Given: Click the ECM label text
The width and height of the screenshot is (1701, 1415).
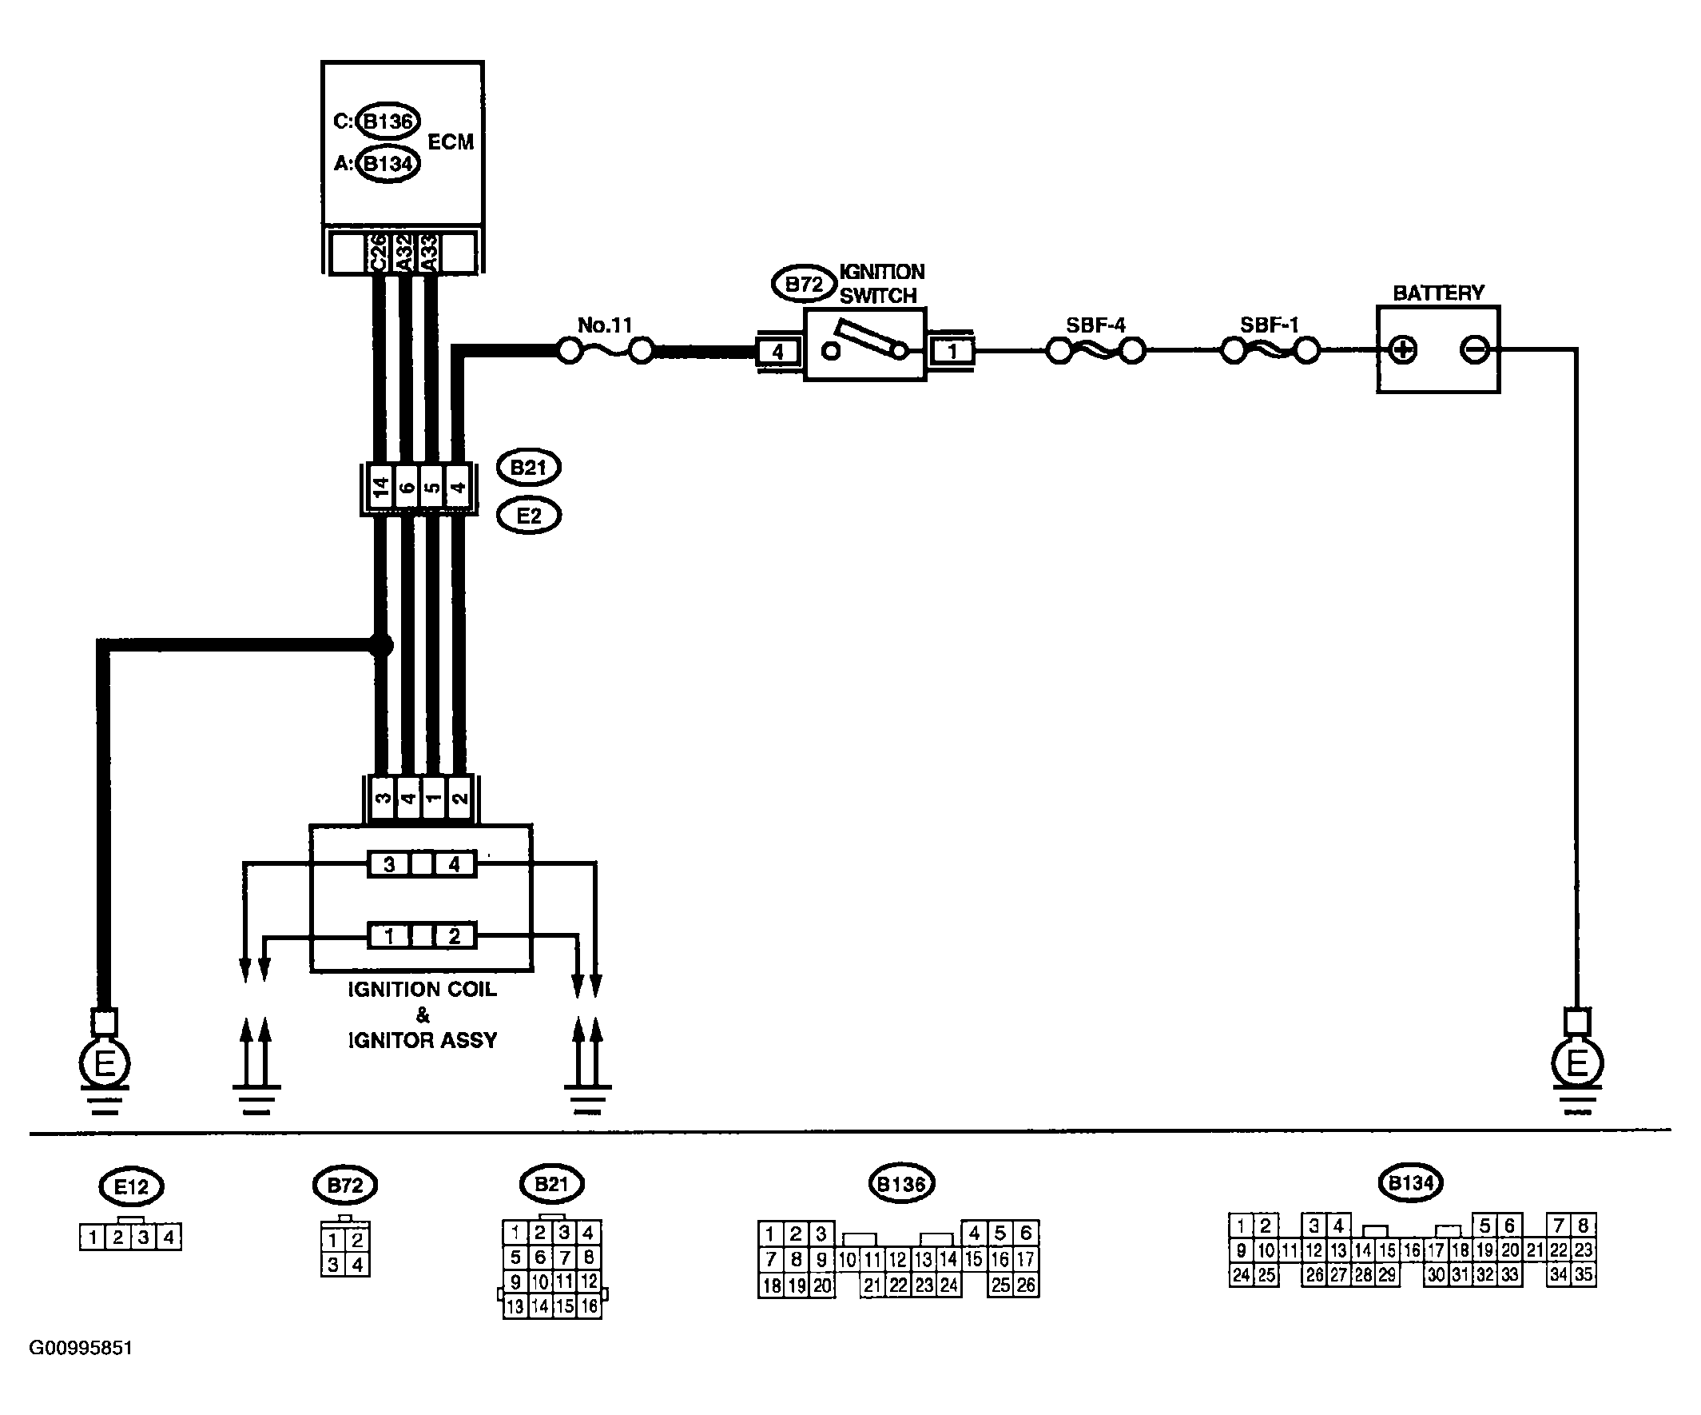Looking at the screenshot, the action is [451, 141].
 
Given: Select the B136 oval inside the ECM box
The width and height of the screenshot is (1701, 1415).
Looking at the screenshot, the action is [388, 122].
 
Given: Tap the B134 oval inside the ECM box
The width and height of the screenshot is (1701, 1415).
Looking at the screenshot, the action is [388, 164].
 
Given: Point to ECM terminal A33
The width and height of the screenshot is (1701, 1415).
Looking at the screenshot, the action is [429, 253].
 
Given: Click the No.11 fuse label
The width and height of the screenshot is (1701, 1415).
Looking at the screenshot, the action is [604, 325].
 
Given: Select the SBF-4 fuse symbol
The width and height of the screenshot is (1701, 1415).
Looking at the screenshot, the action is [1095, 351].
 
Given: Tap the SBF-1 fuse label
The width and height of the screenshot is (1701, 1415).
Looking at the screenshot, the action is [1270, 325].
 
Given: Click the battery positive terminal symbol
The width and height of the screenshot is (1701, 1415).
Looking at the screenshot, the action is [1403, 350].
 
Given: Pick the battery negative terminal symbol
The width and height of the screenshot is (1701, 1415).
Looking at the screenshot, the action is [1473, 350].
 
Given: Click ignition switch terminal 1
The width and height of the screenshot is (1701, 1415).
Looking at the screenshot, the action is [952, 352].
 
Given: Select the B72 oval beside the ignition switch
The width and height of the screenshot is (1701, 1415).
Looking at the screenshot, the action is [804, 285].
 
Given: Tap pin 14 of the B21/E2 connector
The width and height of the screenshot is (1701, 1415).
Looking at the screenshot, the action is [380, 487].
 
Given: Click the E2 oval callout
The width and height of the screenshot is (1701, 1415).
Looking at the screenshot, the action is [529, 516].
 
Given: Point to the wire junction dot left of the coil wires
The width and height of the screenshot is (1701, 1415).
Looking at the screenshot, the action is [380, 646].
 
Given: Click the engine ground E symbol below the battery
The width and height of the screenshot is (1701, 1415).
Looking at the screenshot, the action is [1577, 1062].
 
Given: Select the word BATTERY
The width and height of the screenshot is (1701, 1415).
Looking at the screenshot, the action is [1438, 293].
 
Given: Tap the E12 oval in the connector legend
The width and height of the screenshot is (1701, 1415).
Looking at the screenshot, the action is [131, 1187].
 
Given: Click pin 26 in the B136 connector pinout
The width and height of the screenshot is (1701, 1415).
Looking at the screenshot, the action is [1025, 1285].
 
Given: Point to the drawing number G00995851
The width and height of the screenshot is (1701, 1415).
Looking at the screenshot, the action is [81, 1348].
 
